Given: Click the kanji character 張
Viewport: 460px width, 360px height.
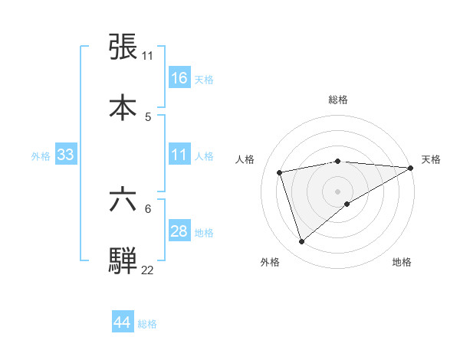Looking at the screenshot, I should click(123, 47).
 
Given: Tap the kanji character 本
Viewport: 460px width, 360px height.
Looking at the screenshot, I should click(123, 107).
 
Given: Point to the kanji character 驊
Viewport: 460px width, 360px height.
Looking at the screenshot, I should click(123, 260).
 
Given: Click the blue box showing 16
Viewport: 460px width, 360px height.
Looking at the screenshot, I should click(179, 78).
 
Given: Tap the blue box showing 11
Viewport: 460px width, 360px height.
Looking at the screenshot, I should click(179, 155).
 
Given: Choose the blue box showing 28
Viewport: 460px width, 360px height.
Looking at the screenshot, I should click(179, 232).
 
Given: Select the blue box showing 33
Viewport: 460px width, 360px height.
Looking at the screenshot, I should click(66, 155).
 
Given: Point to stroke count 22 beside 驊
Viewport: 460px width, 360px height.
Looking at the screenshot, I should click(148, 270).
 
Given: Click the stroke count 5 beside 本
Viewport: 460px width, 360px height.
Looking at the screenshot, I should click(148, 116).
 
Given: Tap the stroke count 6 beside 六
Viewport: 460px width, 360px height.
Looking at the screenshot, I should click(148, 208).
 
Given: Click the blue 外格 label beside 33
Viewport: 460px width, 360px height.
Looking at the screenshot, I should click(41, 156).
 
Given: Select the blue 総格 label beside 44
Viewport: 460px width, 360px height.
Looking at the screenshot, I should click(147, 324).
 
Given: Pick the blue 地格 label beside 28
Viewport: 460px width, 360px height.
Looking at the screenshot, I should click(204, 233).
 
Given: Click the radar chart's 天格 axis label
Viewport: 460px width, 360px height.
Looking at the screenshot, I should click(431, 159).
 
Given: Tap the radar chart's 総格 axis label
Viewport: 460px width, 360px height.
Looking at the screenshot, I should click(337, 100).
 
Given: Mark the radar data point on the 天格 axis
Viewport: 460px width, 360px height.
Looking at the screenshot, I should click(411, 168).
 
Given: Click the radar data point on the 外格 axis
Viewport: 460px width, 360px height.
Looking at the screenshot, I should click(301, 242).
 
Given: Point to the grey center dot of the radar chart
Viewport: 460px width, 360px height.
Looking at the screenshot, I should click(337, 191).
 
